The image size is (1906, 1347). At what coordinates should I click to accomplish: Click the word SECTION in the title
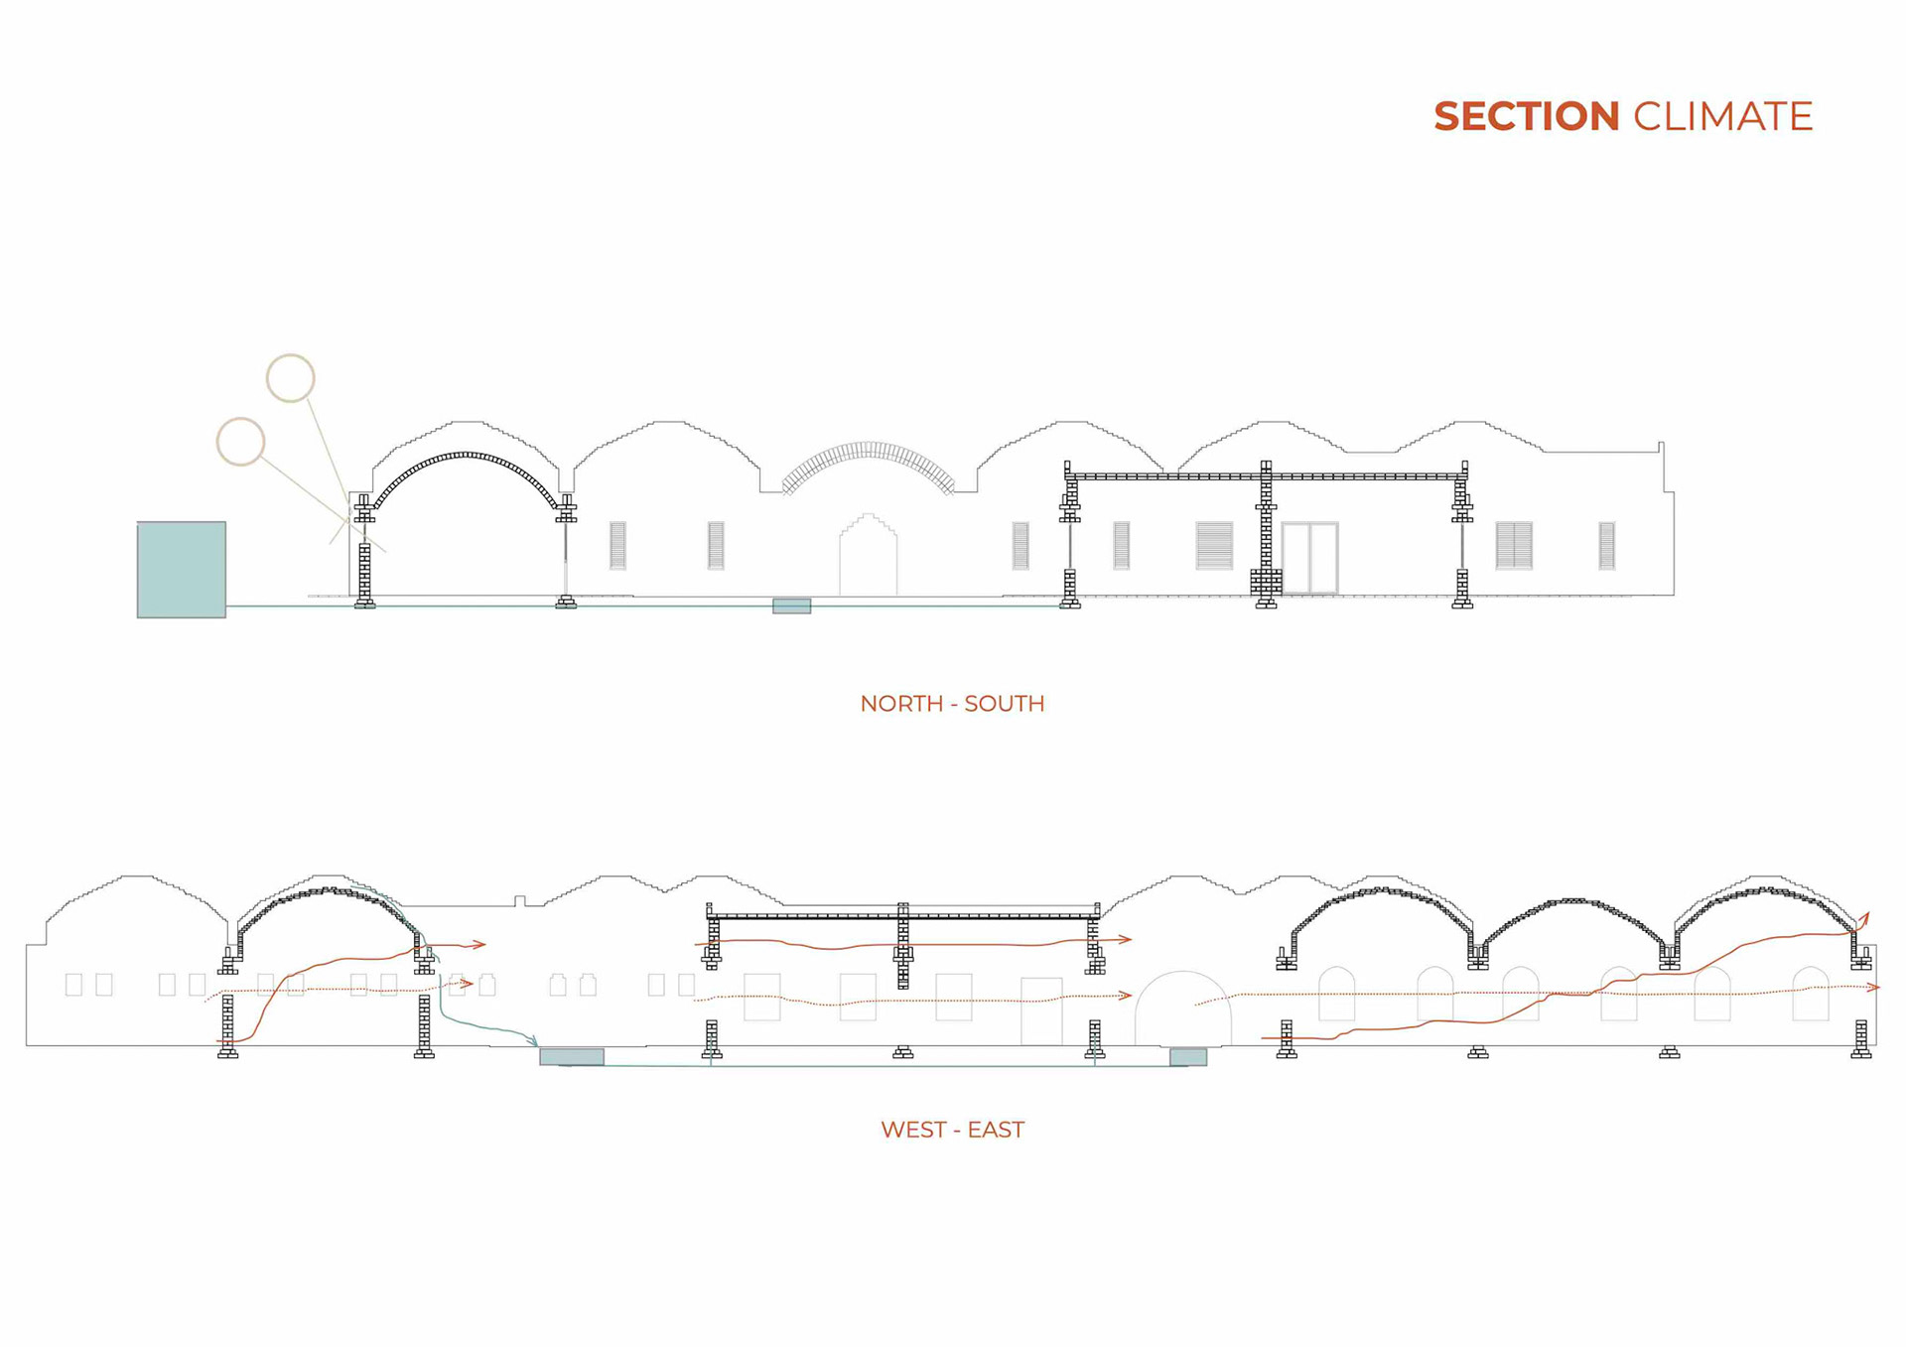point(1526,117)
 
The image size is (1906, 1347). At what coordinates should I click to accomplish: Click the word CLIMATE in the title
point(1722,117)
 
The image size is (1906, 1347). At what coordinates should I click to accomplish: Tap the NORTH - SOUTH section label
point(952,704)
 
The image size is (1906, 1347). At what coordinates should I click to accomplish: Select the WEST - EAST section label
point(952,1130)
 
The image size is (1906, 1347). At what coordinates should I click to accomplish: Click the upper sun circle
point(291,378)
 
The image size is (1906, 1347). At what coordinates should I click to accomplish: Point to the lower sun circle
point(240,442)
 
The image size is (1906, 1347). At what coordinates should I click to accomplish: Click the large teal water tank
point(182,570)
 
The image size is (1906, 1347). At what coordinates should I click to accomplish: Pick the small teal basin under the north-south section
point(791,606)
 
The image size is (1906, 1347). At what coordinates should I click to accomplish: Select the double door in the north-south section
point(1309,558)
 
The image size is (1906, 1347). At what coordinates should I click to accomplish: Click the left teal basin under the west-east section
point(572,1056)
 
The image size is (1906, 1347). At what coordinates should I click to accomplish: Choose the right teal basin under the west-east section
point(1187,1057)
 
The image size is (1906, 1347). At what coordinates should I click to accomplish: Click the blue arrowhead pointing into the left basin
point(534,1041)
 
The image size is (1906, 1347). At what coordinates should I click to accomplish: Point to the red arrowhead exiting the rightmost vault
point(1865,917)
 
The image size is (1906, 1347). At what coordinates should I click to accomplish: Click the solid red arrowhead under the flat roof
point(1125,938)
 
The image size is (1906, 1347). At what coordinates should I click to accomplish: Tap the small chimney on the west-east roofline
point(519,901)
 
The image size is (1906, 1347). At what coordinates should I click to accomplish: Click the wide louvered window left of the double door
point(1214,546)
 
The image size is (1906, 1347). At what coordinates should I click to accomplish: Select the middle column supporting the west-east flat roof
point(902,946)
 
